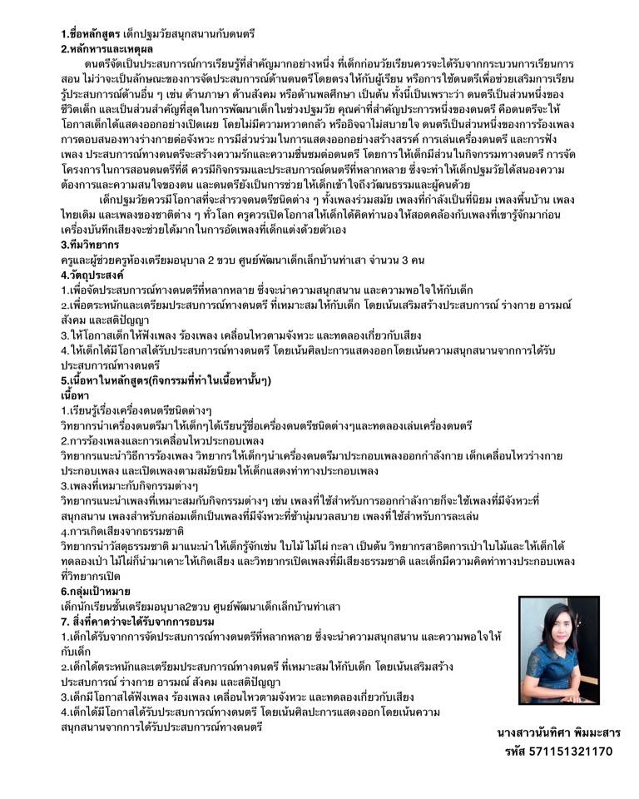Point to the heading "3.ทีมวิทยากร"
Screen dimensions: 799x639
(90, 246)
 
